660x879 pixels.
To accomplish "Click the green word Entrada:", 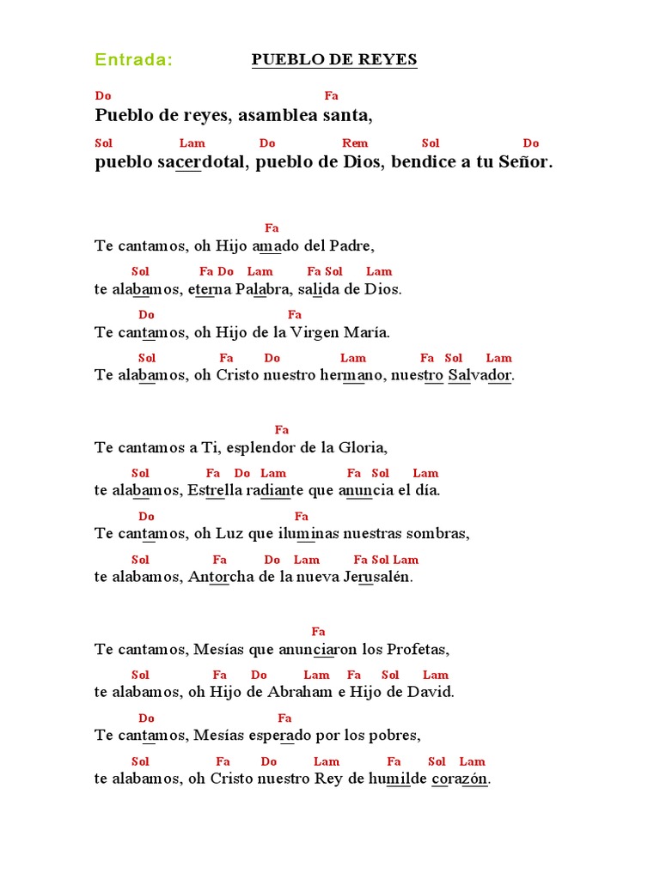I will pyautogui.click(x=133, y=60).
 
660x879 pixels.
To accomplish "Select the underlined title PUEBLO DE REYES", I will pyautogui.click(x=334, y=60).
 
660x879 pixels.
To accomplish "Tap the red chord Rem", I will pyautogui.click(x=355, y=143).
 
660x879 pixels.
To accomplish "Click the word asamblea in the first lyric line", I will pyautogui.click(x=274, y=115).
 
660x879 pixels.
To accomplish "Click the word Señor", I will pyautogui.click(x=523, y=162).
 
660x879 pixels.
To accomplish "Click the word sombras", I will pyautogui.click(x=441, y=533).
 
